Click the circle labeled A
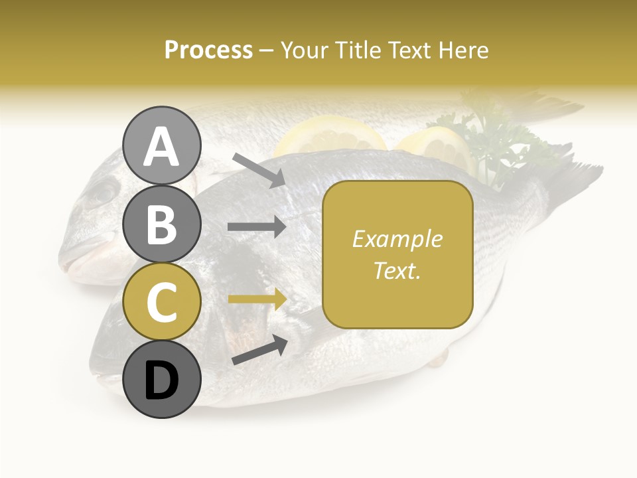click(161, 145)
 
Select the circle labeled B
click(161, 224)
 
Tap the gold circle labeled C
click(161, 301)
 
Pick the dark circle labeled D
click(161, 379)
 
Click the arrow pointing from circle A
click(259, 170)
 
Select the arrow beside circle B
click(257, 226)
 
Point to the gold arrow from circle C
click(257, 299)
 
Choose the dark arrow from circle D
click(259, 350)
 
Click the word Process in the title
click(208, 50)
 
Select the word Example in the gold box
click(397, 239)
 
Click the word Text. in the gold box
click(397, 270)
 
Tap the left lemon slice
click(330, 136)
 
